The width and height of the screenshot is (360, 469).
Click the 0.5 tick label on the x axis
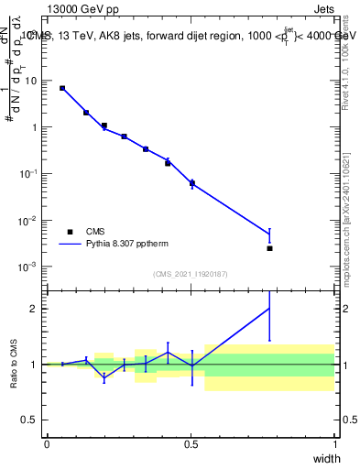(x=191, y=443)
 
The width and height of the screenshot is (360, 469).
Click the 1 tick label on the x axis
(x=335, y=443)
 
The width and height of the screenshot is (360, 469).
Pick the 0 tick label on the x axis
(x=47, y=443)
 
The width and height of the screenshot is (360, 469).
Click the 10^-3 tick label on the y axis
(x=27, y=267)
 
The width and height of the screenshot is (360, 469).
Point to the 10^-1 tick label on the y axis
(x=27, y=173)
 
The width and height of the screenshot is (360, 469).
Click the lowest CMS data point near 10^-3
(x=269, y=248)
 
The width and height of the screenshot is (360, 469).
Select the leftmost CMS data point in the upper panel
(x=62, y=88)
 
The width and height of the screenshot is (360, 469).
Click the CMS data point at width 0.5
(x=191, y=183)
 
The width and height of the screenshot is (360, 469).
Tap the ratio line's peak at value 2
(x=269, y=309)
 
